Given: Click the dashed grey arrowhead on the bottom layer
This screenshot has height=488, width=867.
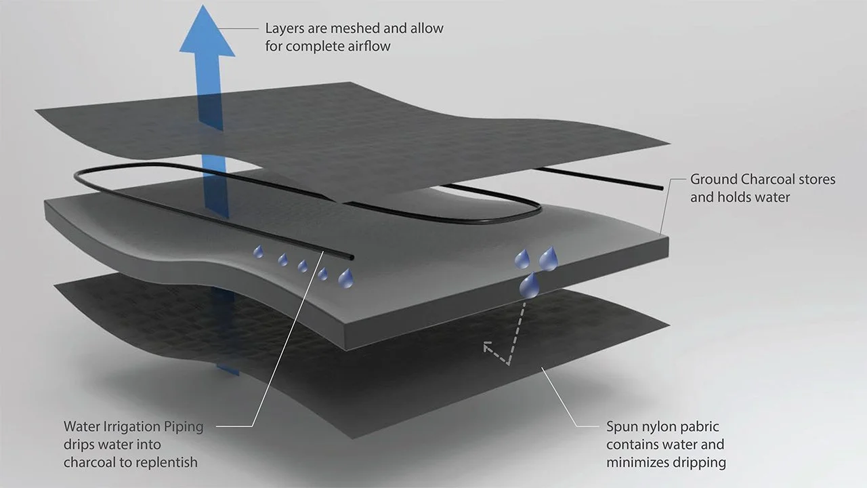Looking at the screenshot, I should click(x=488, y=348).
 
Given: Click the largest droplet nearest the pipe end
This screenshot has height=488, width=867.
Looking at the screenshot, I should click(x=345, y=277).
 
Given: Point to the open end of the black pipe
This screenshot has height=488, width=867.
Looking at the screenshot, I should click(x=351, y=257).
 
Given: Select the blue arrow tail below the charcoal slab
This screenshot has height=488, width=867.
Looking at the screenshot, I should click(x=228, y=367).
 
